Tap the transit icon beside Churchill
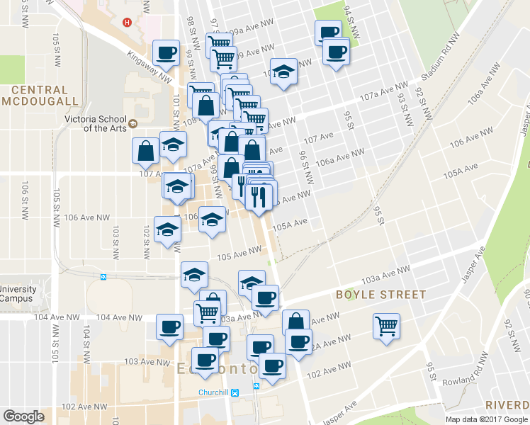pyautogui.click(x=237, y=392)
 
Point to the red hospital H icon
pyautogui.click(x=128, y=22)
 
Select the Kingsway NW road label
pyautogui.click(x=150, y=64)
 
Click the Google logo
pyautogui.click(x=24, y=416)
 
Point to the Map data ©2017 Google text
pyautogui.click(x=487, y=419)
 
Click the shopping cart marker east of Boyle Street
pyautogui.click(x=387, y=326)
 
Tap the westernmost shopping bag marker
pyautogui.click(x=145, y=150)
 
